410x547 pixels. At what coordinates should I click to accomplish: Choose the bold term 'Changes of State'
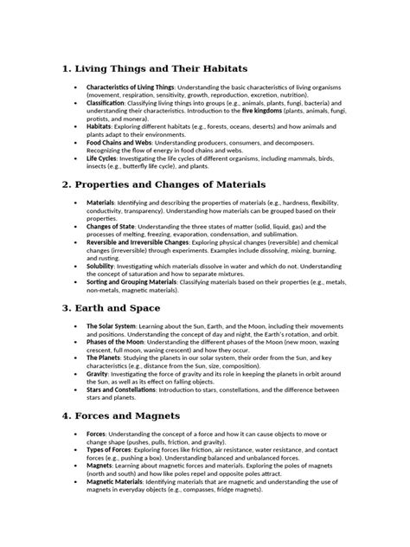click(x=112, y=225)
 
